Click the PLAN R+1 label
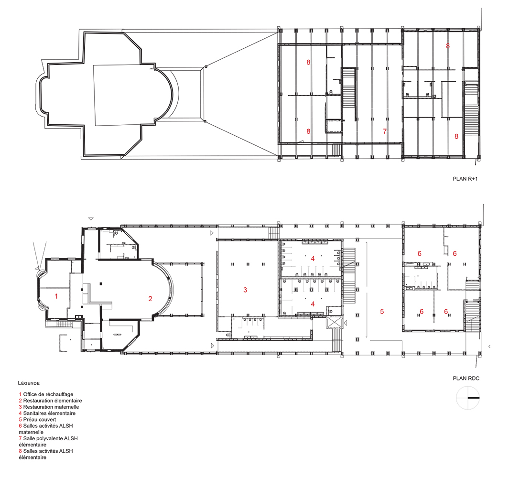pos(465,179)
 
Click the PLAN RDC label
pos(466,378)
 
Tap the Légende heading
pos(29,383)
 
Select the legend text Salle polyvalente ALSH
pos(50,438)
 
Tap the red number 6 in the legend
pos(20,426)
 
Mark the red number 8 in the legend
pos(20,451)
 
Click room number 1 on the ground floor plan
pos(56,296)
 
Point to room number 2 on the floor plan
pos(150,299)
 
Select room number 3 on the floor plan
pos(245,290)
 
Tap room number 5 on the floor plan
pos(382,312)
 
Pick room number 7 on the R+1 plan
pos(385,131)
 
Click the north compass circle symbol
pos(468,398)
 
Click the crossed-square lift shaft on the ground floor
pos(335,323)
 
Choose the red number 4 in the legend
pos(20,413)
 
